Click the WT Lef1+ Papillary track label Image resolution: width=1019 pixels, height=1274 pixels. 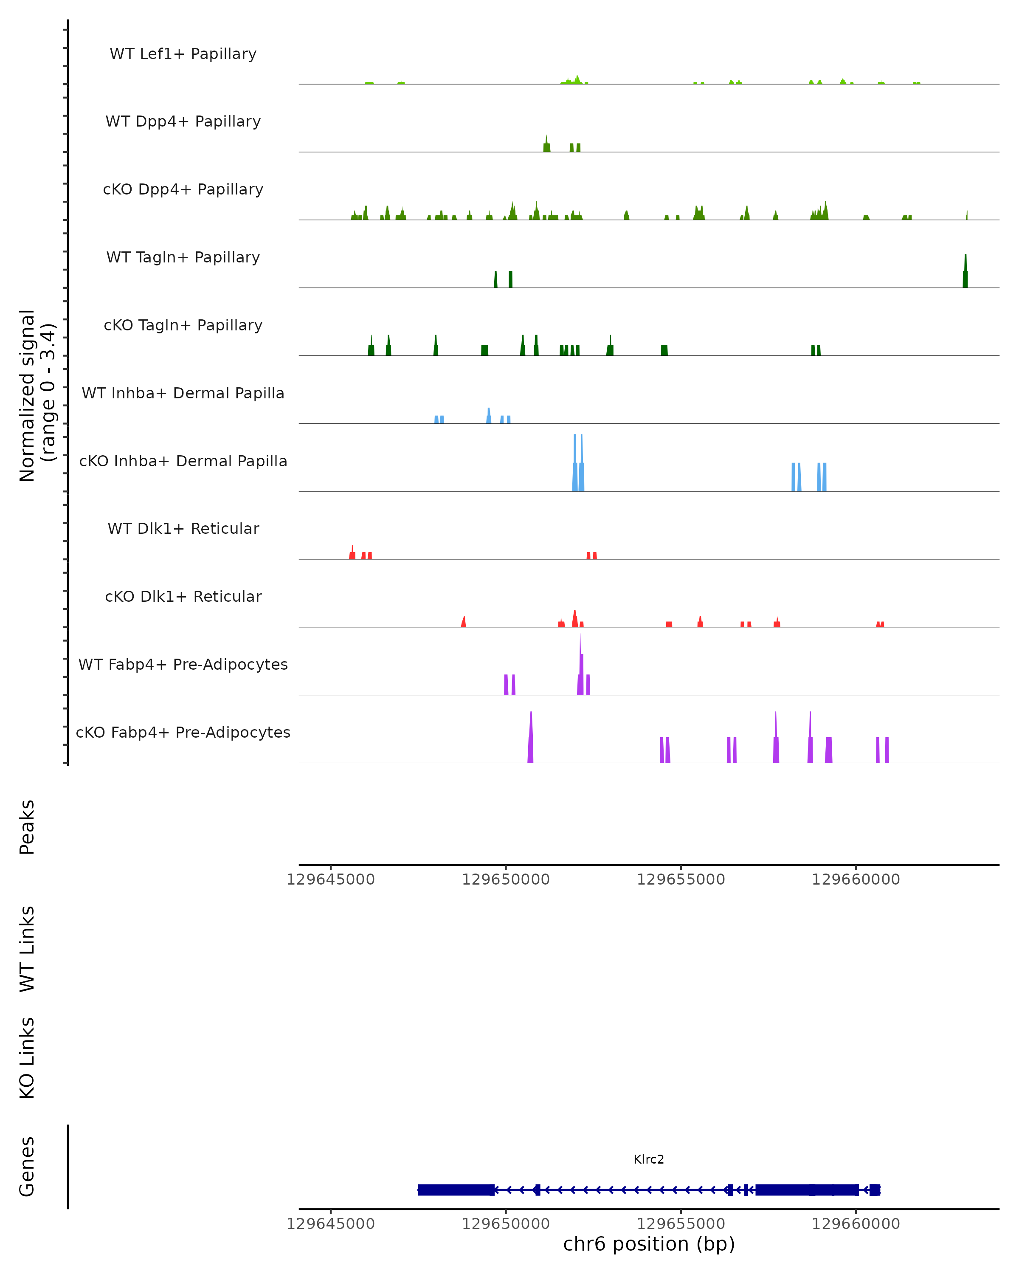point(183,54)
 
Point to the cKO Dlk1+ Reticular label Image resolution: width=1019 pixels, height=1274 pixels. point(183,596)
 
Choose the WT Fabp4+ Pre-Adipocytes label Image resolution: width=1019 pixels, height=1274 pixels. point(183,664)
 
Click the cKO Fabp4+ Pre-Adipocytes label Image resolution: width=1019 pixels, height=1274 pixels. point(183,732)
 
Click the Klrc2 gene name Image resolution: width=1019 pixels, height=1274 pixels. point(649,1159)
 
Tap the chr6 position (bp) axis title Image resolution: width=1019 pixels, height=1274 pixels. point(649,1244)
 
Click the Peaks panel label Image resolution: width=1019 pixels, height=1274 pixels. point(27,827)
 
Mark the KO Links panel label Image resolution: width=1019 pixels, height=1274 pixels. point(27,1058)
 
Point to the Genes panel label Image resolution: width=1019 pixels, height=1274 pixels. point(27,1167)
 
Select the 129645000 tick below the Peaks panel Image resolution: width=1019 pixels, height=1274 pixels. point(331,879)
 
